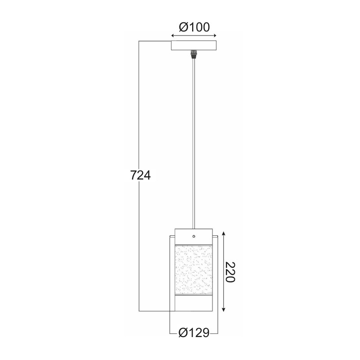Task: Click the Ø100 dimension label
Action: (x=194, y=27)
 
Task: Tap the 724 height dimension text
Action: (x=140, y=175)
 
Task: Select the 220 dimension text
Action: (x=229, y=272)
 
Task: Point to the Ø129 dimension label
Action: (x=194, y=333)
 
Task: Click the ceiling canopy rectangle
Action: (x=194, y=45)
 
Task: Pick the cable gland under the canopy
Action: (x=193, y=54)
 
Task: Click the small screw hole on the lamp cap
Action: (x=194, y=236)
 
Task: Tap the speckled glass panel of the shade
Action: (x=193, y=270)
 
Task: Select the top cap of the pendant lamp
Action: (x=193, y=236)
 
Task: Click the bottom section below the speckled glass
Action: (x=193, y=303)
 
